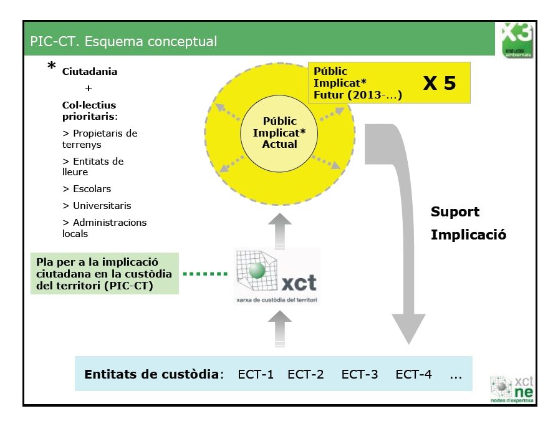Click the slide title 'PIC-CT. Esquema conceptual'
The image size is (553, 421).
coord(123,42)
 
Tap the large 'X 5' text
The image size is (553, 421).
coord(440,83)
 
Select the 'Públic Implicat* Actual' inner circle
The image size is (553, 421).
coord(279,132)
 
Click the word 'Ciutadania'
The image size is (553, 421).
coord(90,72)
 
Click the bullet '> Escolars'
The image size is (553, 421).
coord(87,189)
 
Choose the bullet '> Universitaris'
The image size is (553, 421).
coord(97,206)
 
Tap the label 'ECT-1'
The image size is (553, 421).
coord(256,375)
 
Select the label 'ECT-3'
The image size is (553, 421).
coord(360,375)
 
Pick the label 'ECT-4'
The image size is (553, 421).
coord(414,375)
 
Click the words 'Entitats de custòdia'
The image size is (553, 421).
coord(152,375)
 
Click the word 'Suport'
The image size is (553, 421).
coord(456,212)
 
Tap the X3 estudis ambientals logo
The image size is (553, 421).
coord(517,40)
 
